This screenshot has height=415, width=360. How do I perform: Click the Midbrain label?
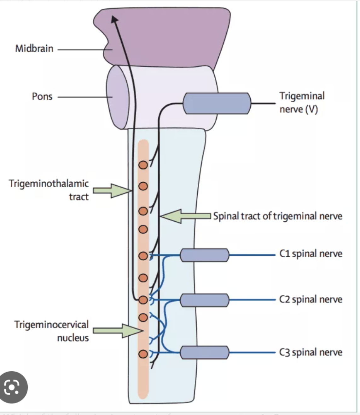[x=34, y=48]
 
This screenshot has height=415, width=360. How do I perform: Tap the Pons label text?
[x=42, y=97]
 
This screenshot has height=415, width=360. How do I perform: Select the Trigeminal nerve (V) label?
[x=302, y=103]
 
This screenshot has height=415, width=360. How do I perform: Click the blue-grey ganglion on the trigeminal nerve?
[x=217, y=103]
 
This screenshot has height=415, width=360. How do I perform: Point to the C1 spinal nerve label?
[x=311, y=253]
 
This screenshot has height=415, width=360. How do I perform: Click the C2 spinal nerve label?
[x=311, y=299]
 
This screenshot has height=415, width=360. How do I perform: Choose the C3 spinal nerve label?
[x=311, y=352]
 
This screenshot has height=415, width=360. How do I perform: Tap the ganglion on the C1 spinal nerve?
[x=205, y=255]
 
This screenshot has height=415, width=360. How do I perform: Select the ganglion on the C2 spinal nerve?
[x=205, y=300]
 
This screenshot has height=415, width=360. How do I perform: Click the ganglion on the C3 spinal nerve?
[x=205, y=352]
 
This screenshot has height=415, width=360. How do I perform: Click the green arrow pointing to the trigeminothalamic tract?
[x=112, y=191]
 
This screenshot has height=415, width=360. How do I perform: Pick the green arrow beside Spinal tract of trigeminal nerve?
[x=185, y=216]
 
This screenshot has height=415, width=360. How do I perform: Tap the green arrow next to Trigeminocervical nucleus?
[x=118, y=331]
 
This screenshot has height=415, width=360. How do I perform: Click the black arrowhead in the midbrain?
[x=114, y=20]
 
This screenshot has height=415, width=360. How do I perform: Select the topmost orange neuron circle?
[x=143, y=165]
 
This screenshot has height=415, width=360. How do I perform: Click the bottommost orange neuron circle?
[x=143, y=354]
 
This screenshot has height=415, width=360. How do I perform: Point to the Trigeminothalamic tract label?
[x=49, y=190]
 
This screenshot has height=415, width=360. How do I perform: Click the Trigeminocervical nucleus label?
[x=51, y=331]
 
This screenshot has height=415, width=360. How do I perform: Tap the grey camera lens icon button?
[x=12, y=387]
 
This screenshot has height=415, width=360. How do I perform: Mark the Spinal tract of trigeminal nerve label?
[x=278, y=216]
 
